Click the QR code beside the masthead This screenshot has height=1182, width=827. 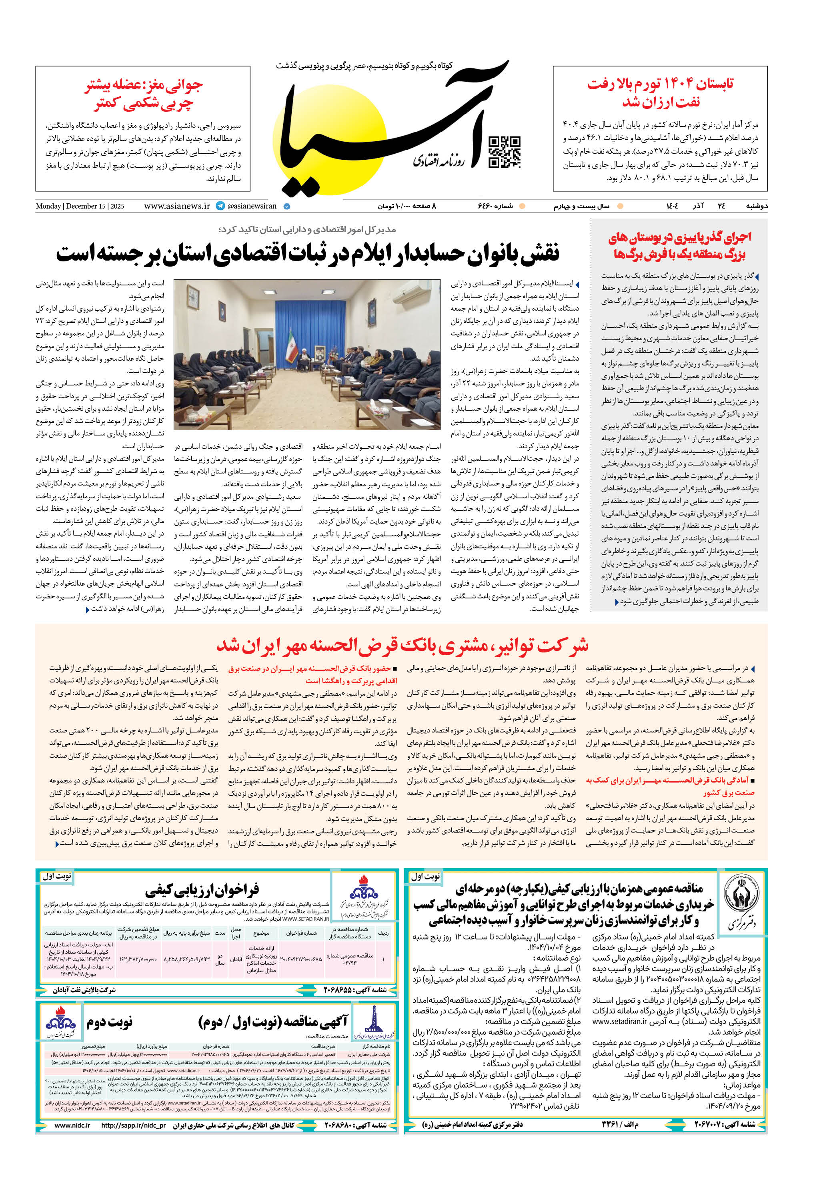504,153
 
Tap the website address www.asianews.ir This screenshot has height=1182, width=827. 177,206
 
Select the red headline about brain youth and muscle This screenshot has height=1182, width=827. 144,94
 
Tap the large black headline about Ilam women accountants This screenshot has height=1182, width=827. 307,254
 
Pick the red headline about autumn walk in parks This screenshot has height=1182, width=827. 679,245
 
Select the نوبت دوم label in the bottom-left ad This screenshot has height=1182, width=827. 110,1022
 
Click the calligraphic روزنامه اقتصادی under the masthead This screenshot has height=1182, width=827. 439,161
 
